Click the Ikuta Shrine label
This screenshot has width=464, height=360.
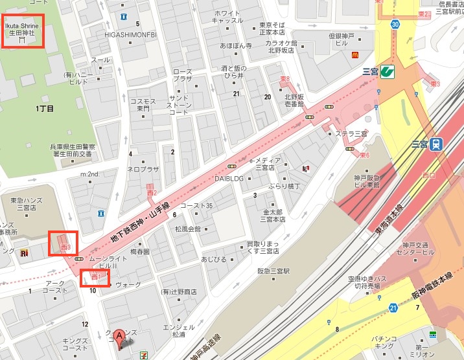tap(23, 30)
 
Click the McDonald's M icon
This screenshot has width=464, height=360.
tap(355, 56)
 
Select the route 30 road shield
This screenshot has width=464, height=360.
tap(395, 24)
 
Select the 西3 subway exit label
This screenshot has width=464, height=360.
tap(64, 247)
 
